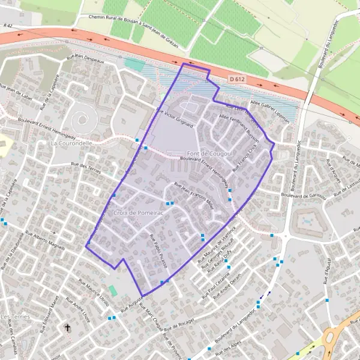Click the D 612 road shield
tap(236, 79)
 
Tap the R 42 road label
tap(7, 25)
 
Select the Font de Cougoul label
tap(201, 154)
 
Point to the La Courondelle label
tap(72, 143)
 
